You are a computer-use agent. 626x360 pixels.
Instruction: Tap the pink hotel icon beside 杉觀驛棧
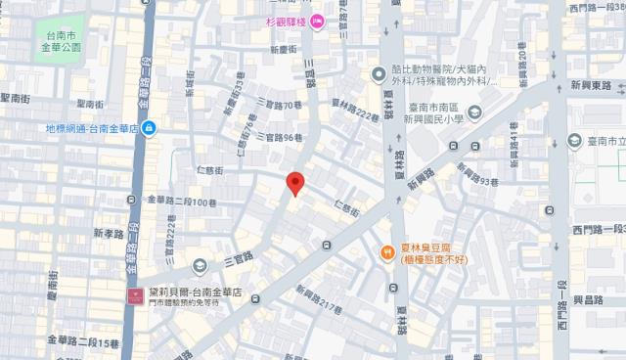316,24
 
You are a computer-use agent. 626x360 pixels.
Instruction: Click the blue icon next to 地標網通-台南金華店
147,128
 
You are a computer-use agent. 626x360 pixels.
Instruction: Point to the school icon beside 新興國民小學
474,114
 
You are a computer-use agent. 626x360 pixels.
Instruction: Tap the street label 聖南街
19,98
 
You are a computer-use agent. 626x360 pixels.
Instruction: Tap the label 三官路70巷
279,105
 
